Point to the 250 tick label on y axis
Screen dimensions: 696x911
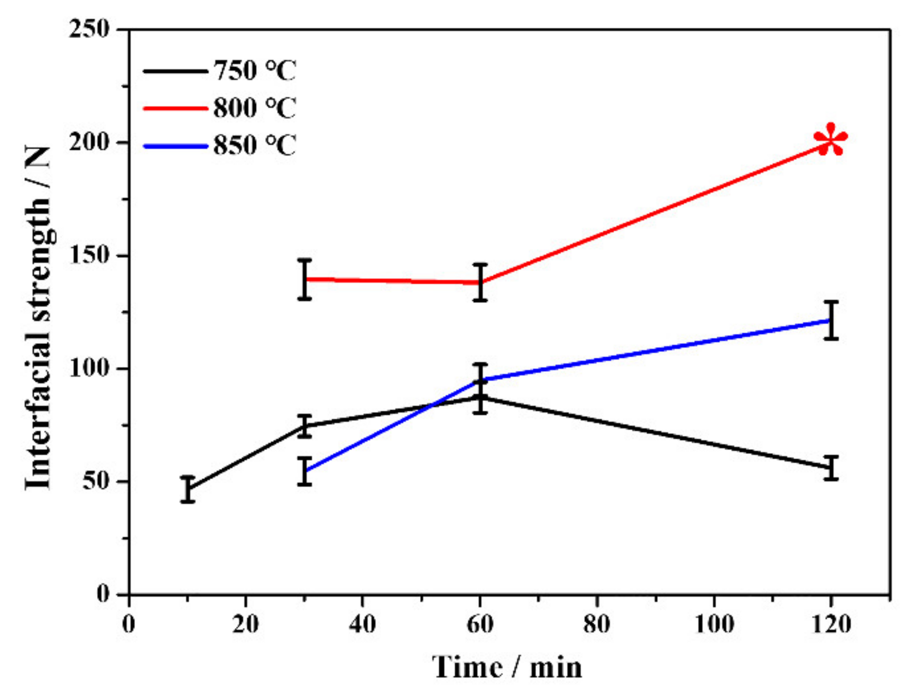[89, 29]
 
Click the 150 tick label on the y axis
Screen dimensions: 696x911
[89, 256]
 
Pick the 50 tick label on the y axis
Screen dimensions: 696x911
[96, 482]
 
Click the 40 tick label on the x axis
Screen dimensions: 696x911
[362, 624]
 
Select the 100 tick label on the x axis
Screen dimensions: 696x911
[714, 624]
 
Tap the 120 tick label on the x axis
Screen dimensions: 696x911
[831, 624]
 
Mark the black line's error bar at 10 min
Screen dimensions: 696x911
[187, 489]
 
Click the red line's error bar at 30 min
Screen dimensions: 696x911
[304, 279]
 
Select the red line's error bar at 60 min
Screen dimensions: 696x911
[480, 282]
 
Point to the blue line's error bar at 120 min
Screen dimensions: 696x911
[831, 320]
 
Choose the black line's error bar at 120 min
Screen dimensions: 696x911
[831, 468]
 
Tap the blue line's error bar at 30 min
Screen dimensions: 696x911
[304, 471]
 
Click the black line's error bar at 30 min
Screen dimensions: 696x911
[304, 426]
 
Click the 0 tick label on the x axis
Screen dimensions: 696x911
[129, 624]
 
